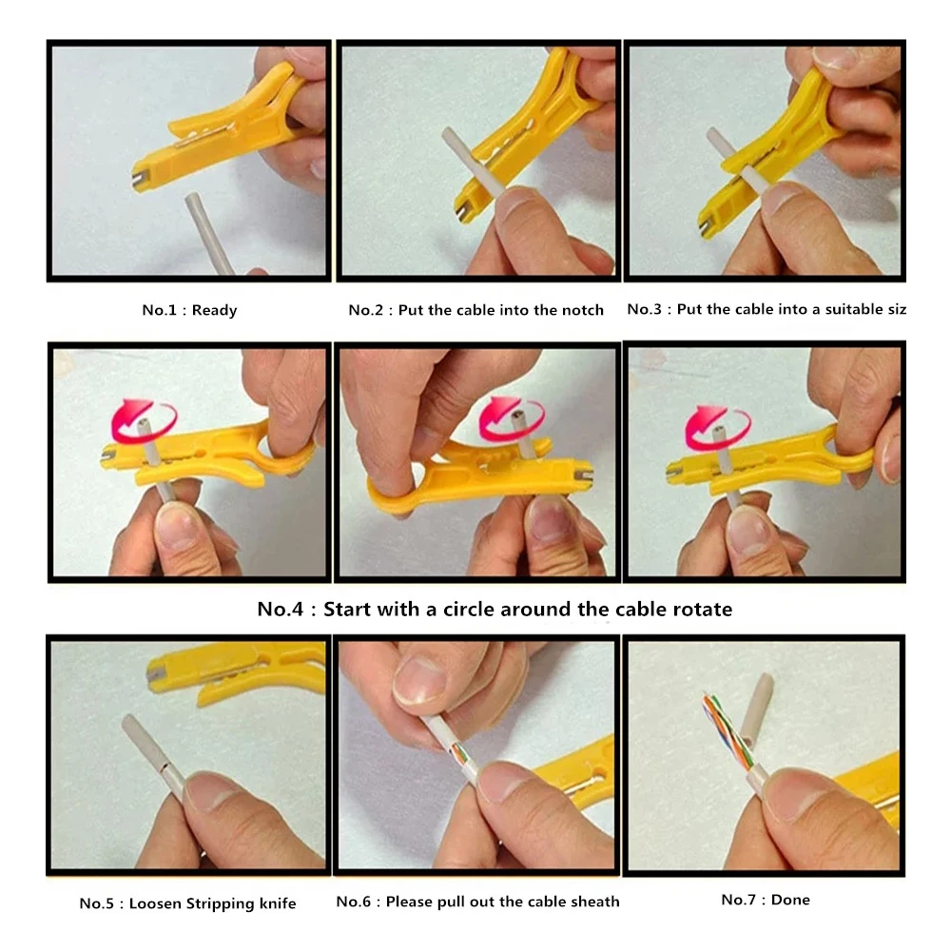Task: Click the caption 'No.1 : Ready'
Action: coord(189,310)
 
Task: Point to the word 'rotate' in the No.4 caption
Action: coord(702,609)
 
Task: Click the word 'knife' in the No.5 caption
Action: coord(277,903)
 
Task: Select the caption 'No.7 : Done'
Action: coord(765,900)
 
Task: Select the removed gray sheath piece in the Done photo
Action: coord(760,709)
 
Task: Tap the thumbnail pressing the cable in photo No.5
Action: coord(206,791)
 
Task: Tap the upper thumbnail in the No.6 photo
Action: coord(419,681)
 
